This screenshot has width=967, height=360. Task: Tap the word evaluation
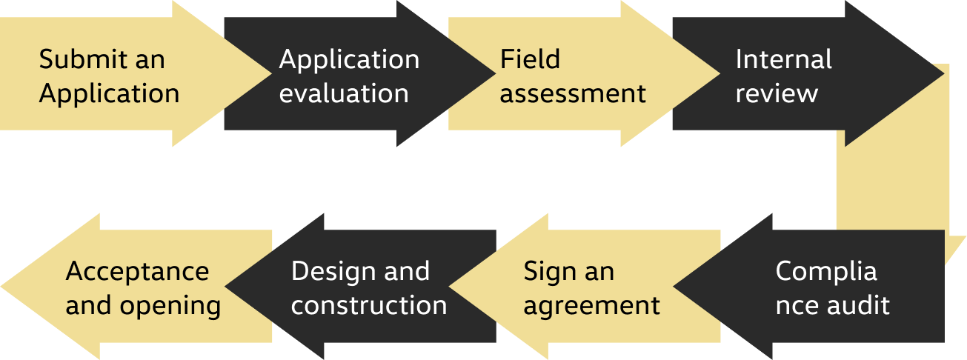point(344,94)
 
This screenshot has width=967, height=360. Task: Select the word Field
point(530,59)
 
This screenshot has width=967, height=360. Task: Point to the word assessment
point(573,94)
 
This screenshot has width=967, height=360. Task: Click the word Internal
point(783,59)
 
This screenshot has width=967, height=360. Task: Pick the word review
point(777,94)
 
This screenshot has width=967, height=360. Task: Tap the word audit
point(862,305)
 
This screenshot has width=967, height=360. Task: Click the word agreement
point(591,305)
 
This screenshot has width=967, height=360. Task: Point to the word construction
point(368,305)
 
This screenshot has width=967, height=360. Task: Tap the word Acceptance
point(137,271)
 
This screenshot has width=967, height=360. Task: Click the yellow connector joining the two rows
point(893,185)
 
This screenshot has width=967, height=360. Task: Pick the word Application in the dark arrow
point(349,59)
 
